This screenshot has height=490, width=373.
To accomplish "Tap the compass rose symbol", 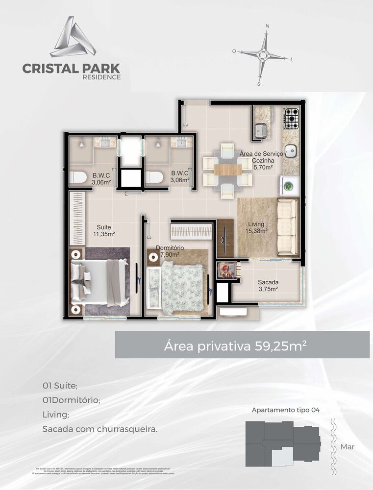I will pos(263,54).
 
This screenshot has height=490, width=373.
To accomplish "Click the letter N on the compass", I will pos(267,25).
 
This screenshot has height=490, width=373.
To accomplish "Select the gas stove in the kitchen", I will pos(292,118).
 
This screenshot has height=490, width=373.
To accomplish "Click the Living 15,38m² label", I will pos(257,228).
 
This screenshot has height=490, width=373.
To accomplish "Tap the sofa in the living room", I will pos(287,227).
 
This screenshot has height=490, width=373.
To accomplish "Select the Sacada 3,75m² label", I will pos(268,285).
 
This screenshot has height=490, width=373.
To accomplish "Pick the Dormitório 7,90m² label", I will pos(170,251).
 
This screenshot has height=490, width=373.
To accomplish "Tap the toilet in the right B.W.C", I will pos(154,177).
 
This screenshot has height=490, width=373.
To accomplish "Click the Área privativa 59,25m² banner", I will pos(242,344).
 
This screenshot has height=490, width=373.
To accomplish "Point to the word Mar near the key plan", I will pos(347,446).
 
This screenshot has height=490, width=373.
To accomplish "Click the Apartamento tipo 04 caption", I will pos(285,410).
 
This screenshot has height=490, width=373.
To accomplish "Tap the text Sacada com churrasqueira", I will pos(99,429).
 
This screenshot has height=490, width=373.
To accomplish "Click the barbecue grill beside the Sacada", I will pos(226,270).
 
